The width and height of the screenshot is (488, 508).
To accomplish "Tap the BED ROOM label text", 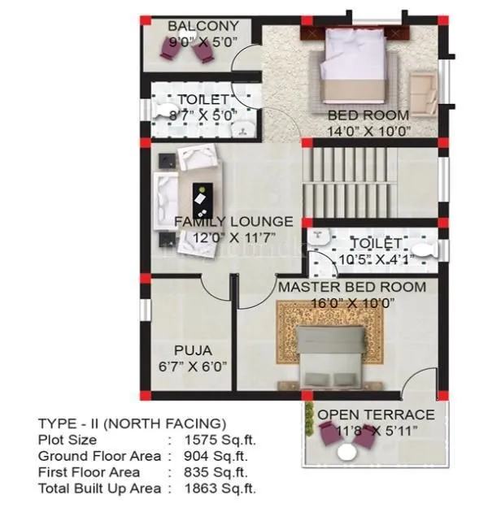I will (368, 115).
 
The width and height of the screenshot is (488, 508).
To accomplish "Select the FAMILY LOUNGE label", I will (233, 221).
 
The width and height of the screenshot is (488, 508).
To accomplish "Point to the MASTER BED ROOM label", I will (351, 287).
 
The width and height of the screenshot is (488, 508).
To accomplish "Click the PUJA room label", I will (193, 350).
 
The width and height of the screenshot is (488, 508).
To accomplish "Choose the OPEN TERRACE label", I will (376, 415).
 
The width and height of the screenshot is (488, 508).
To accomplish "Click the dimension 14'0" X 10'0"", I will (368, 130).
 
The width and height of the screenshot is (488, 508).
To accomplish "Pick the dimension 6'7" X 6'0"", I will (193, 367).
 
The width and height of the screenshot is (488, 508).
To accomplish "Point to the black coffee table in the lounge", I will (198, 198).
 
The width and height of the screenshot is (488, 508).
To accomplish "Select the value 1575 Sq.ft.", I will (220, 440).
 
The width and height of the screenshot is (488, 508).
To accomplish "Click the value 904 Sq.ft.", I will (217, 456).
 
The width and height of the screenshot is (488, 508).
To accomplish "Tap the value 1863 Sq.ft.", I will (220, 488).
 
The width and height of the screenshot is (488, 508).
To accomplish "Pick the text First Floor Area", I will (89, 472).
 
